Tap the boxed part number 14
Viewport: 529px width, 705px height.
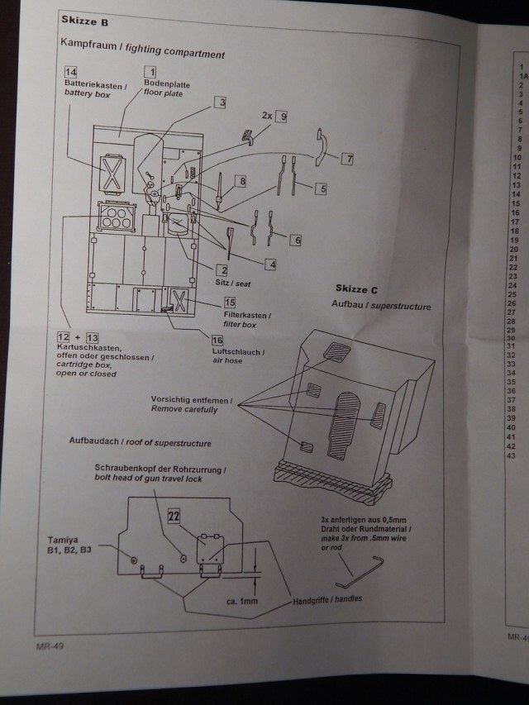tap(71, 73)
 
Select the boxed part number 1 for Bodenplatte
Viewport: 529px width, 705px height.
tap(150, 72)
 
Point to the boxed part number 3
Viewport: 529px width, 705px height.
tap(222, 102)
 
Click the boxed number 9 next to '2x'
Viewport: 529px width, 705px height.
tap(283, 117)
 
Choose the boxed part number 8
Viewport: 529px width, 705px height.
tap(242, 180)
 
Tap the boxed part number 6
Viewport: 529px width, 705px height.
tap(295, 239)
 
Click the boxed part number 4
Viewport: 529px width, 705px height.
tap(269, 264)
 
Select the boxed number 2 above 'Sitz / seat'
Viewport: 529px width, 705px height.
tap(222, 270)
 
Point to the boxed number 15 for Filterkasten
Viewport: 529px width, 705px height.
tap(229, 302)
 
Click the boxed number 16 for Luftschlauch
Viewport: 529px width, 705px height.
tap(217, 341)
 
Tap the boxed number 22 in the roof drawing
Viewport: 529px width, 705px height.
tap(174, 516)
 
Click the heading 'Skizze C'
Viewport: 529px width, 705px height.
tap(356, 288)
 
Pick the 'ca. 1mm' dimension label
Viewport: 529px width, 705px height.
tap(242, 601)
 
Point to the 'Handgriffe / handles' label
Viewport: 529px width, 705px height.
tap(327, 598)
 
